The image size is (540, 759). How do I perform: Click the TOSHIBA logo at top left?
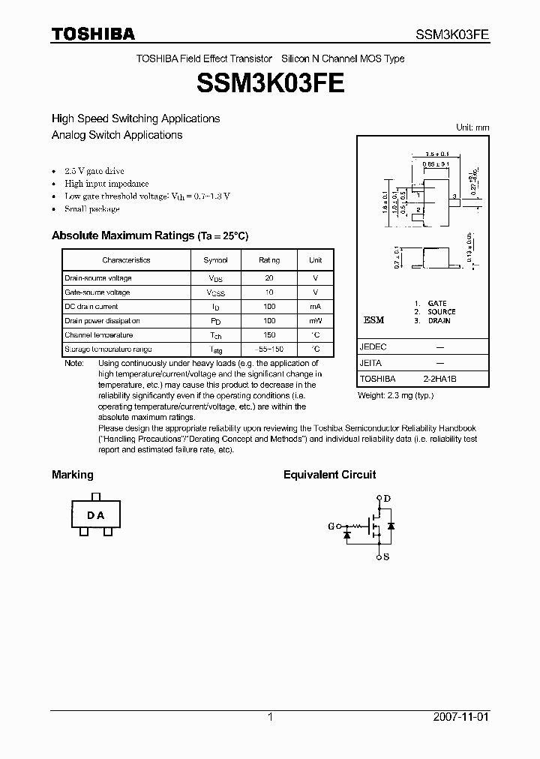[x=93, y=34]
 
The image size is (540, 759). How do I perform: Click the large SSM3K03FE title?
[x=270, y=82]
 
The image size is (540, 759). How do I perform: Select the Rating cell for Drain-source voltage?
[x=269, y=277]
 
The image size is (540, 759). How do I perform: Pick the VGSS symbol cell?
[x=214, y=292]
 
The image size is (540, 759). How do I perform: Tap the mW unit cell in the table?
[x=315, y=321]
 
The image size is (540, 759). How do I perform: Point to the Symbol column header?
[x=215, y=260]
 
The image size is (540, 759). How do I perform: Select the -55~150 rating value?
[x=269, y=349]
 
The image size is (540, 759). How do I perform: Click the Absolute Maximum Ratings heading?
[x=149, y=235]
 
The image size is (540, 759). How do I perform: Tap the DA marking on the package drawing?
[x=95, y=515]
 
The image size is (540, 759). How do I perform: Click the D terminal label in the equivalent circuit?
[x=387, y=498]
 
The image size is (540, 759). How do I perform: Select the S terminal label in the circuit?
[x=386, y=558]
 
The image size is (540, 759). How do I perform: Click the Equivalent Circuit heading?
[x=329, y=475]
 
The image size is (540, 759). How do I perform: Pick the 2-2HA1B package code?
[x=440, y=379]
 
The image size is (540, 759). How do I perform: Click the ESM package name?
[x=373, y=320]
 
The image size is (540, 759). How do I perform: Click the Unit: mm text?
[x=472, y=127]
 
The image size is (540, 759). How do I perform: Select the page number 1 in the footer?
[x=270, y=717]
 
